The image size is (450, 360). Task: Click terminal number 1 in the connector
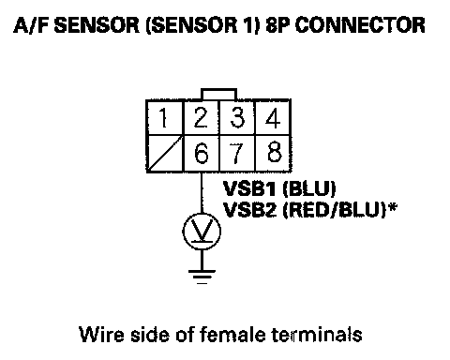(164, 118)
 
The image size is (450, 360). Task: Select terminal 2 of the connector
(201, 118)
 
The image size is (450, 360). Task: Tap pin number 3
(237, 118)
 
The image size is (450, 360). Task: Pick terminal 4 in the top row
(273, 118)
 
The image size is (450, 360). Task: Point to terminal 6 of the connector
(201, 154)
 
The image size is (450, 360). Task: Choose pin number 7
(237, 154)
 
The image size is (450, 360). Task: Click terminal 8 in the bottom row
(273, 154)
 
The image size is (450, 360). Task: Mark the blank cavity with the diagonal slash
(164, 154)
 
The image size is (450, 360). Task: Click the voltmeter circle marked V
(202, 232)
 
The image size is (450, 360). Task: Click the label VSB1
(249, 188)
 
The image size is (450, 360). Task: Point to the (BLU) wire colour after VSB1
(308, 188)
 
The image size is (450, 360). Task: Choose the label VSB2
(250, 210)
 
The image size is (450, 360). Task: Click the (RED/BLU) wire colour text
(335, 210)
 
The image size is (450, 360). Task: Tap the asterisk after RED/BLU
(392, 207)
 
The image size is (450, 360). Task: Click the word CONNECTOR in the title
(360, 25)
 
